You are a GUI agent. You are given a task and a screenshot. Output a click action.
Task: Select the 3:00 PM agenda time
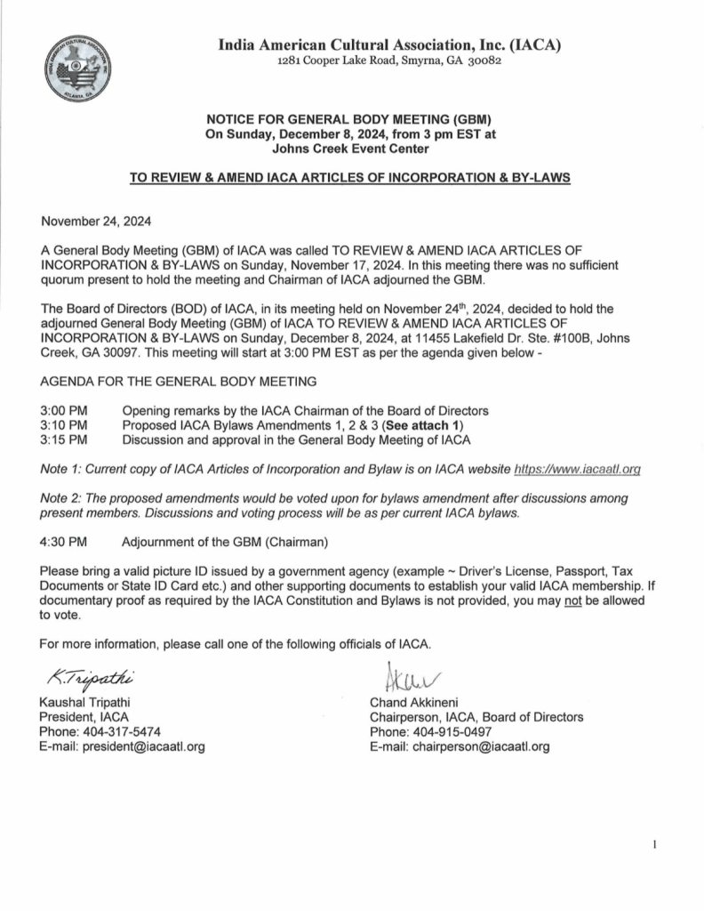click(x=64, y=410)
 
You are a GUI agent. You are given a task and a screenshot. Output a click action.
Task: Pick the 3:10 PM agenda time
click(x=64, y=424)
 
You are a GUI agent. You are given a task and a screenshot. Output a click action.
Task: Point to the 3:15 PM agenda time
click(x=64, y=439)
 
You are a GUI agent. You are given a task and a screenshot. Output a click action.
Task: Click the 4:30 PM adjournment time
click(x=64, y=539)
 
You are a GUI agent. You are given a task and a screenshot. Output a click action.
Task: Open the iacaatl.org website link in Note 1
click(x=579, y=467)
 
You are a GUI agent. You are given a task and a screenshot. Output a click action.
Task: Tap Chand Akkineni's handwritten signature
click(x=401, y=675)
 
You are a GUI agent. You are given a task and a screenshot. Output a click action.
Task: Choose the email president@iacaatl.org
click(x=143, y=746)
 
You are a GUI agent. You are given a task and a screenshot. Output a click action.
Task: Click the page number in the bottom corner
click(x=655, y=844)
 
